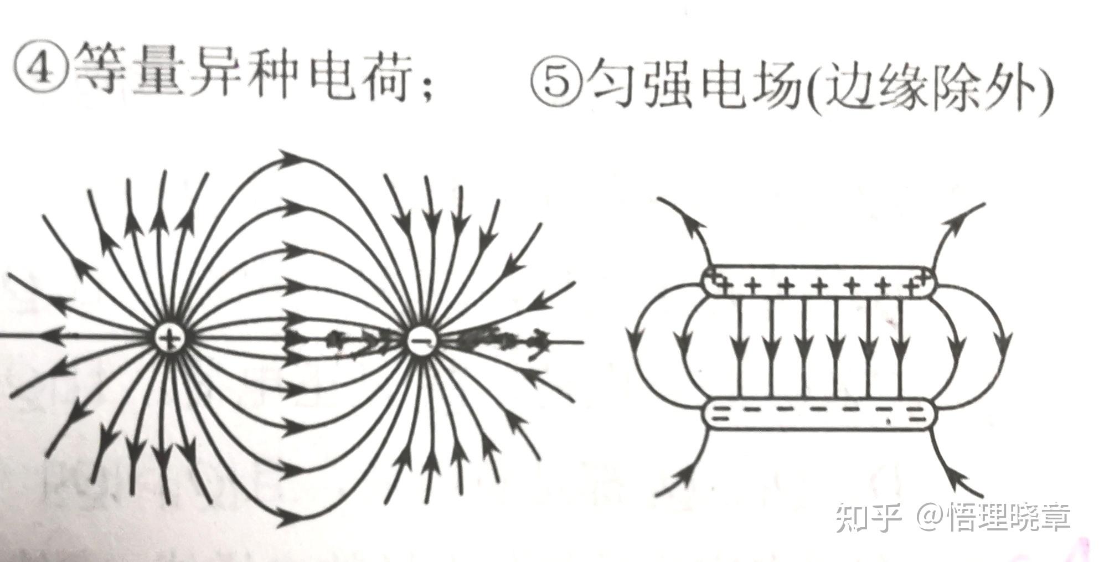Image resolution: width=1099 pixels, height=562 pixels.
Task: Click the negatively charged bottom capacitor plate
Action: tap(820, 413)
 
